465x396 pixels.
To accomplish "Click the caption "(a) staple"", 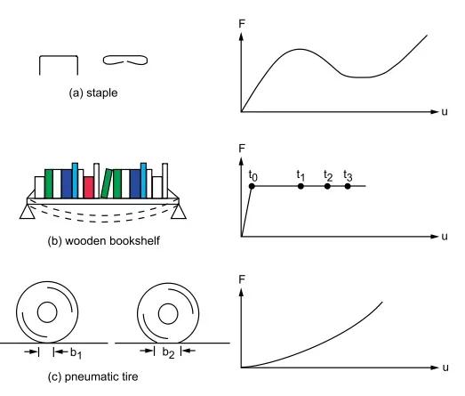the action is click(93, 93).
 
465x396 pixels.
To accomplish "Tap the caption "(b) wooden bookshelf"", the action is click(103, 240).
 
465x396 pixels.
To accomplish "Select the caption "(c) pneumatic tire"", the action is click(92, 376).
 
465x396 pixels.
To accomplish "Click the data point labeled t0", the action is click(252, 186).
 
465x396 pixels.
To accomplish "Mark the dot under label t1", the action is click(301, 186).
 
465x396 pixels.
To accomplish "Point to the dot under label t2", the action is click(327, 186).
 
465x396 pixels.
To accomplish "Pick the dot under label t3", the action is click(348, 186).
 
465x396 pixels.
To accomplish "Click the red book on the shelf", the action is click(89, 187).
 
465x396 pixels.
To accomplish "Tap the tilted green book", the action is click(106, 183).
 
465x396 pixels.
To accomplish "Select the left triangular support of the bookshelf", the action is click(28, 212).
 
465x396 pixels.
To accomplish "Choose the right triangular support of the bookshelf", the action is click(179, 212).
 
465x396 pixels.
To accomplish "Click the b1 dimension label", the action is click(76, 353).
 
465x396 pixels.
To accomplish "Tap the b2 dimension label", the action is click(168, 352).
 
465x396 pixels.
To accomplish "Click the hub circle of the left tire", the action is click(47, 312).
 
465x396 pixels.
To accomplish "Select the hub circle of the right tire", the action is click(168, 314).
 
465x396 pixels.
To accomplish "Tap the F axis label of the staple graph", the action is click(242, 24).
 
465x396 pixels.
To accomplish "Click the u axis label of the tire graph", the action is click(445, 368).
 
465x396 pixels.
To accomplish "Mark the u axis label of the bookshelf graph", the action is click(445, 237).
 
